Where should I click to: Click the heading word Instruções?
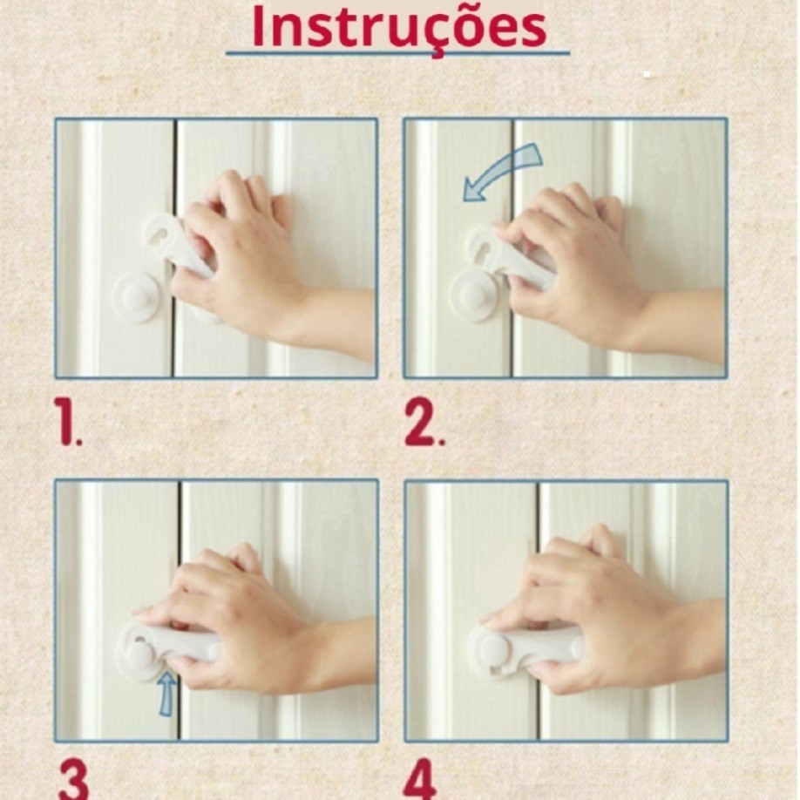(399, 28)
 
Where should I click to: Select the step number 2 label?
(424, 423)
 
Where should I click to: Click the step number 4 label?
(420, 780)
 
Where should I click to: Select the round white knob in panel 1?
(136, 297)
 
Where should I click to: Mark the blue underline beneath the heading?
(398, 52)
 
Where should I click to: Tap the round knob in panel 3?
(138, 655)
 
